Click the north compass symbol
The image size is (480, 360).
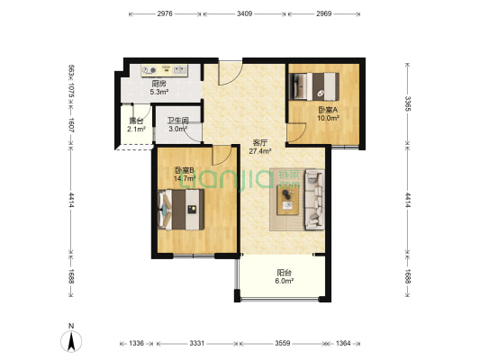click(71, 341)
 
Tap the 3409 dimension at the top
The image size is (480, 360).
click(245, 13)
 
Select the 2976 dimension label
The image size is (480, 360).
click(165, 13)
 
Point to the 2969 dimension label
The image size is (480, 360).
click(324, 13)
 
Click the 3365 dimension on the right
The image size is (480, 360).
click(407, 103)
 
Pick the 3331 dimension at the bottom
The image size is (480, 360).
click(196, 343)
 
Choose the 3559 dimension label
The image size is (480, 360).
click(282, 343)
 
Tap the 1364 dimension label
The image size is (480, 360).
click(343, 343)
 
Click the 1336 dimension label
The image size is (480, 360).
click(136, 343)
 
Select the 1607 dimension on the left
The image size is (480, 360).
click(71, 125)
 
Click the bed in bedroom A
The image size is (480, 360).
click(314, 86)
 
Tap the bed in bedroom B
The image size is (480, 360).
click(181, 210)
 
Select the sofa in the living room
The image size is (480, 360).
click(314, 200)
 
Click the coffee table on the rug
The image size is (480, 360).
click(287, 200)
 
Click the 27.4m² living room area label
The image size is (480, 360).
click(260, 151)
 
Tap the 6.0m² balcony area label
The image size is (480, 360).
click(285, 281)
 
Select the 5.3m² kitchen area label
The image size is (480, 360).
click(159, 92)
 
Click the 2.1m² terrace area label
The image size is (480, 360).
click(136, 129)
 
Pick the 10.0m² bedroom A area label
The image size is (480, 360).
click(328, 118)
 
